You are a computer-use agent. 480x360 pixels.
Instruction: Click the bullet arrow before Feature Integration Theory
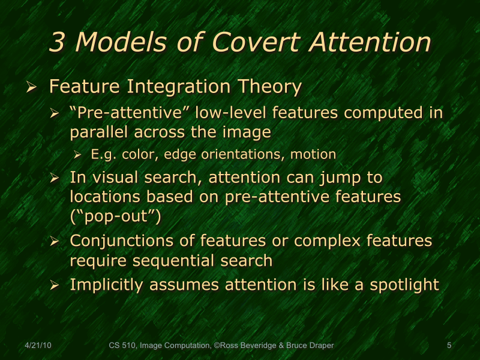click(x=32, y=88)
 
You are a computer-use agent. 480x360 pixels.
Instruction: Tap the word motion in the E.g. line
click(x=313, y=154)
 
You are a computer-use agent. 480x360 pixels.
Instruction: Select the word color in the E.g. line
click(x=137, y=154)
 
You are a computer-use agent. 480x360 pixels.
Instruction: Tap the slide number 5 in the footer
click(x=449, y=346)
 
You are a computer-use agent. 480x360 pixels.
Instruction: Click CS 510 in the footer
click(x=122, y=346)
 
